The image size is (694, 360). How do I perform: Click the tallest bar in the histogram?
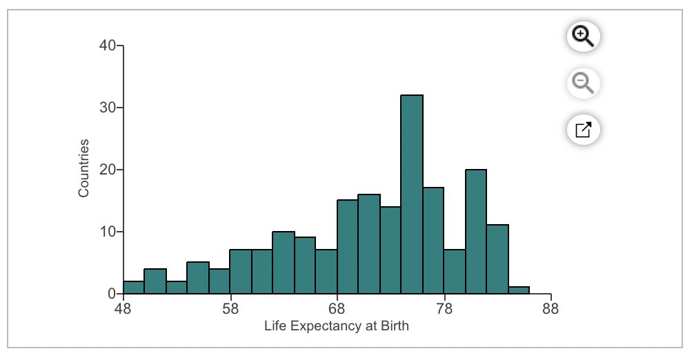click(x=412, y=194)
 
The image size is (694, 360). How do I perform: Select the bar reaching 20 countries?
click(x=476, y=232)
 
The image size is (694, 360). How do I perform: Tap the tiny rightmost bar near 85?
click(x=519, y=290)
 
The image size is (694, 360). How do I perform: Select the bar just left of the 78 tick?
click(x=433, y=241)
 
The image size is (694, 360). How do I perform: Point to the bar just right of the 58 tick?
click(x=241, y=272)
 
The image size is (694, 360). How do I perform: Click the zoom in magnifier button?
click(x=584, y=37)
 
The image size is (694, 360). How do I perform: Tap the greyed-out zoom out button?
click(x=584, y=83)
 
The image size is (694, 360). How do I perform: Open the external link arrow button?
click(x=584, y=129)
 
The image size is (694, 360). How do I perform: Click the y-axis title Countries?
click(x=84, y=168)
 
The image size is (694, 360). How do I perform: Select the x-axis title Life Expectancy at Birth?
click(x=337, y=326)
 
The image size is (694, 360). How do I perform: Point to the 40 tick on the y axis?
click(x=107, y=46)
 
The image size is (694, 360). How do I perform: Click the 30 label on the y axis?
click(x=107, y=108)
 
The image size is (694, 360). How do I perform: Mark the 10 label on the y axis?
click(x=107, y=232)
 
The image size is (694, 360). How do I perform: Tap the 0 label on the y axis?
click(x=111, y=294)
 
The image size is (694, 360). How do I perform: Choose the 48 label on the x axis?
click(x=123, y=309)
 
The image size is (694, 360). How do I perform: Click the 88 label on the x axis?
click(x=551, y=309)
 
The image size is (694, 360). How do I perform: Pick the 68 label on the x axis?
click(x=337, y=309)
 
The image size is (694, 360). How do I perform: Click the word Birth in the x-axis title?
click(x=394, y=326)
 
